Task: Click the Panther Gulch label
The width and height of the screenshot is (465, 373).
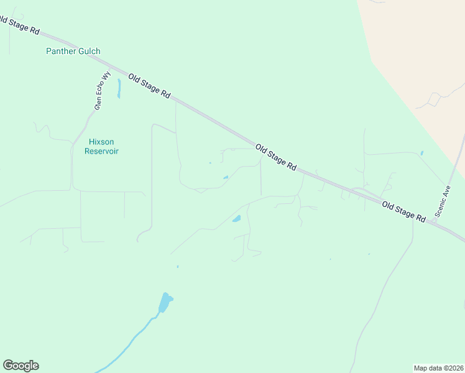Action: tap(73, 51)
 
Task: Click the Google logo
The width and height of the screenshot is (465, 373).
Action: tap(21, 366)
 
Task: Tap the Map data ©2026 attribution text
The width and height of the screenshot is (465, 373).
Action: tap(438, 367)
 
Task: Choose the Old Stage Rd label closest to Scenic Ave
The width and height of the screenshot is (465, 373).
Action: tap(403, 212)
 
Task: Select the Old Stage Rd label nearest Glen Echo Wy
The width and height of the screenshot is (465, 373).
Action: tap(149, 85)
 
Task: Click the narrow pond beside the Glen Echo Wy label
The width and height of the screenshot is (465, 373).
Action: tap(118, 88)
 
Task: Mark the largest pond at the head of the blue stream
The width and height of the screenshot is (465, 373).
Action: tap(165, 303)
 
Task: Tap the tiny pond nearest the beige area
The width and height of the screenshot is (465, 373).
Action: tap(421, 153)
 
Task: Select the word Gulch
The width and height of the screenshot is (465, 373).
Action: tap(89, 51)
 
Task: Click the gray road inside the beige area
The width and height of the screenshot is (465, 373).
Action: tap(435, 98)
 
